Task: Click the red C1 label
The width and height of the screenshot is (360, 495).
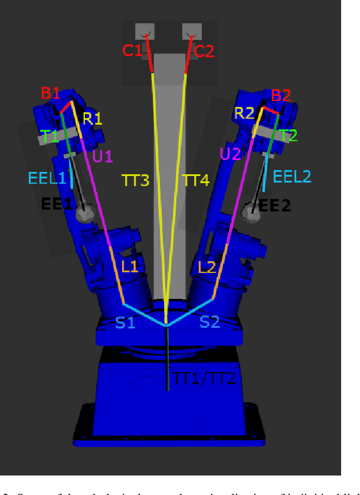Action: [132, 51]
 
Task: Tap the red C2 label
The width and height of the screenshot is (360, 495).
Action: [204, 51]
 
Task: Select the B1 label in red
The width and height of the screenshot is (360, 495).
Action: [51, 93]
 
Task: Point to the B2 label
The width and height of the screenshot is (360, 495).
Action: [281, 95]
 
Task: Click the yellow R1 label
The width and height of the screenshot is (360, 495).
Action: [92, 118]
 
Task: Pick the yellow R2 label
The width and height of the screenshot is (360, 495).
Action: [244, 113]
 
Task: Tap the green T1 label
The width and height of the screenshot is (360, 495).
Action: [50, 136]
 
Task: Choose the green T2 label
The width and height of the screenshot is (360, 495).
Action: [289, 135]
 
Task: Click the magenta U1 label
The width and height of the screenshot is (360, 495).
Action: [102, 156]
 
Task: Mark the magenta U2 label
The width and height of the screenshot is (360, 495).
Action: [230, 154]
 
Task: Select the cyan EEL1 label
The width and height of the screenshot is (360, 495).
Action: [47, 177]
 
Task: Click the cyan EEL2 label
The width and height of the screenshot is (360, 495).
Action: [292, 175]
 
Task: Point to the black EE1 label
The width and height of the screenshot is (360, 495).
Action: [57, 204]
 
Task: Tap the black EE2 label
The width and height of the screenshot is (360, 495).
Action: [275, 205]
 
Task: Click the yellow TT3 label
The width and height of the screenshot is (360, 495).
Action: [135, 180]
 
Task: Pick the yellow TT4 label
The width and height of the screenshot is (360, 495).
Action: [195, 180]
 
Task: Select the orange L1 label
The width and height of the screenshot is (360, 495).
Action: [129, 266]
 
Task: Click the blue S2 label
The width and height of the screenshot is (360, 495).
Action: [210, 322]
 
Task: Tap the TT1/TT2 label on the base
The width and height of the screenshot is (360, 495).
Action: [205, 378]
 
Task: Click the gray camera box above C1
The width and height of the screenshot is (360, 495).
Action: [145, 31]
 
